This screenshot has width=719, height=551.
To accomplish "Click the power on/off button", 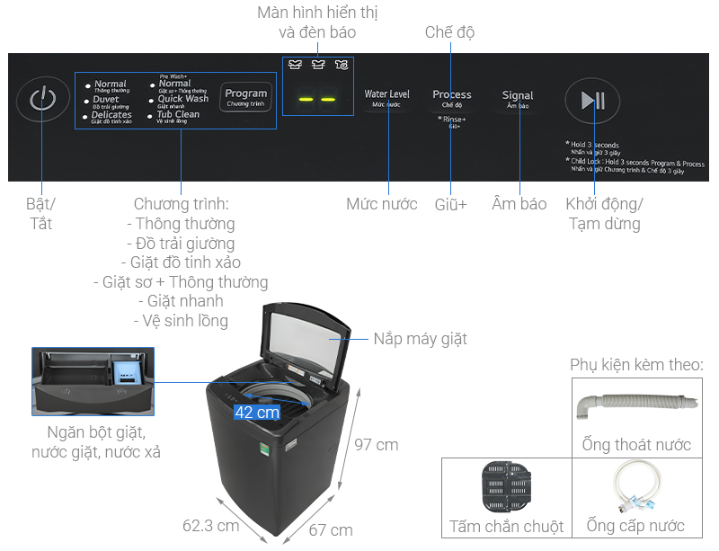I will pyautogui.click(x=42, y=99).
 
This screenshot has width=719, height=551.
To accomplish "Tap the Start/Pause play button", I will pyautogui.click(x=593, y=101).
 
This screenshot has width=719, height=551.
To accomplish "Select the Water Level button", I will pyautogui.click(x=387, y=95).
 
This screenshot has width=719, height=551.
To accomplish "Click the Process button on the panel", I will pyautogui.click(x=452, y=95).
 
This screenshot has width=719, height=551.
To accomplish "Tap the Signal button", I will pyautogui.click(x=518, y=96).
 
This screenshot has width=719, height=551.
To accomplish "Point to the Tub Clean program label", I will pyautogui.click(x=178, y=115).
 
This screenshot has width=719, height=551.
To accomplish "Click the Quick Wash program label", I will pyautogui.click(x=182, y=99).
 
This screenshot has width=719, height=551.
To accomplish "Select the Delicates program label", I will pyautogui.click(x=112, y=115).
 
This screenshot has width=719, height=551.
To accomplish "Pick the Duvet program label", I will pyautogui.click(x=106, y=100).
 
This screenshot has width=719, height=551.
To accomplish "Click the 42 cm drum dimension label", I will pyautogui.click(x=257, y=413).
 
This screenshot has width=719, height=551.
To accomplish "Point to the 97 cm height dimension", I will pyautogui.click(x=376, y=445).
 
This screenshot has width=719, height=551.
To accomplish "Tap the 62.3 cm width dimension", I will pyautogui.click(x=210, y=525).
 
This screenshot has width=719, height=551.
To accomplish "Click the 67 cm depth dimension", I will pyautogui.click(x=330, y=529).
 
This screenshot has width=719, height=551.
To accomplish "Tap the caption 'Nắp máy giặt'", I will pyautogui.click(x=421, y=339).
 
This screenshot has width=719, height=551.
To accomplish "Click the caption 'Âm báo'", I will pyautogui.click(x=519, y=204).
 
